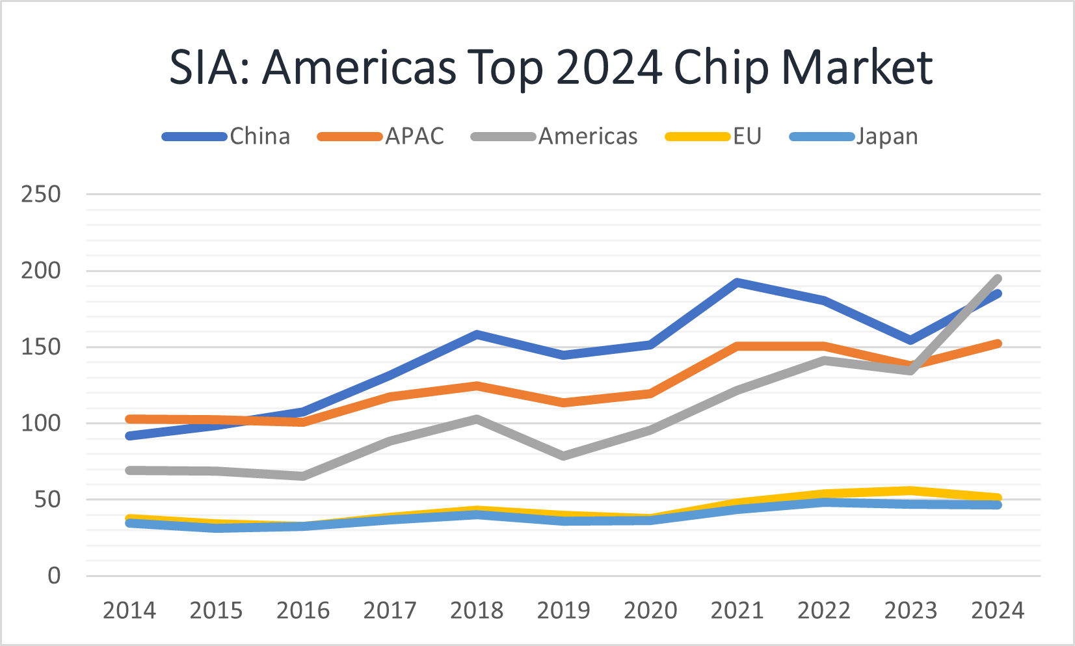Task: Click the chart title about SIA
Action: (551, 67)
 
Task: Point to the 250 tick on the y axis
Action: (41, 194)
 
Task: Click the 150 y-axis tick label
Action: (41, 347)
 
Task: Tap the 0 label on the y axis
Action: (54, 576)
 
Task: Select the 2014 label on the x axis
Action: (129, 610)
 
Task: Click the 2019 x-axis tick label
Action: (563, 610)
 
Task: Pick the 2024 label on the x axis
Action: (998, 610)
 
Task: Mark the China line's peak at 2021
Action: (737, 282)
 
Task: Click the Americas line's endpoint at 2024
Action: (997, 279)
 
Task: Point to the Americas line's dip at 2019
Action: (563, 456)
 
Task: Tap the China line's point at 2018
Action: (477, 334)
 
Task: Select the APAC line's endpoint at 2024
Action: (997, 343)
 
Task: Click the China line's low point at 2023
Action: (910, 340)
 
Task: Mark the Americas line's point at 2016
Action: (303, 476)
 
